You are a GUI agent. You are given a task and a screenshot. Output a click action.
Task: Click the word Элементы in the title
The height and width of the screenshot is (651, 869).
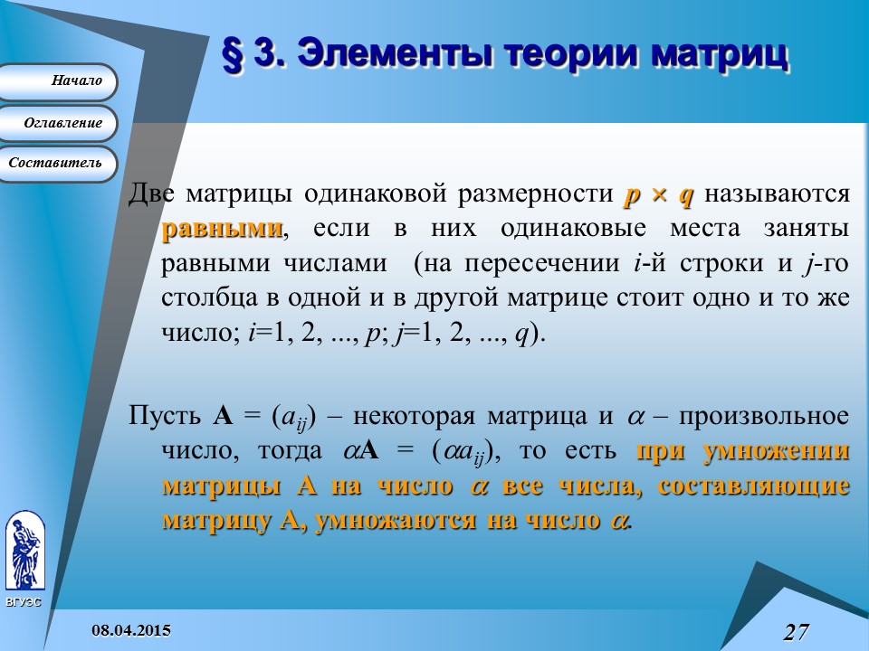[393, 53]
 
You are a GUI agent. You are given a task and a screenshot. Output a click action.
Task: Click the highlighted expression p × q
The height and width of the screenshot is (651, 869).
[659, 193]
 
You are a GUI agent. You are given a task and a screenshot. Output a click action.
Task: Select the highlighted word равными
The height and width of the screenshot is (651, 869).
[222, 228]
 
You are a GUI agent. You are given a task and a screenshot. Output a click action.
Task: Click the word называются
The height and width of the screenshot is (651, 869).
[778, 193]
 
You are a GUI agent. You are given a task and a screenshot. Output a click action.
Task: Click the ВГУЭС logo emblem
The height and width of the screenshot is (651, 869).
[24, 552]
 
